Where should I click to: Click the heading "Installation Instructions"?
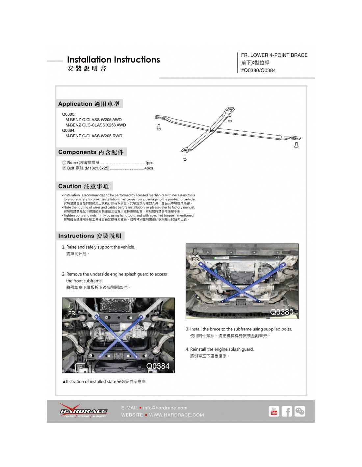pos(113,60)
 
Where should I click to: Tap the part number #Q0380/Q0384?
pos(258,70)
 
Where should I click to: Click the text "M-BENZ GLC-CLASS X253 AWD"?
pos(95,125)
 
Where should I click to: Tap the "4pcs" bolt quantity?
pos(149,168)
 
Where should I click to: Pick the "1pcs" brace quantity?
pos(149,163)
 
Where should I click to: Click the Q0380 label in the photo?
pos(282,312)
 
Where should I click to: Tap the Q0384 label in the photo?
pos(158,366)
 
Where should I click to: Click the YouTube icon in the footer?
pos(274,411)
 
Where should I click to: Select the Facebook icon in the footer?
pos(287,411)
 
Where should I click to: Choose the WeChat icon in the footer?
pos(299,411)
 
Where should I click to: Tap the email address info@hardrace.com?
pos(165,408)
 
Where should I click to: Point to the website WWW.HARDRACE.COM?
pos(176,415)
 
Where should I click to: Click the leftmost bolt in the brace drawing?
pos(159,127)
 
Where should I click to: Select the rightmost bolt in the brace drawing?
pos(296,145)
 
